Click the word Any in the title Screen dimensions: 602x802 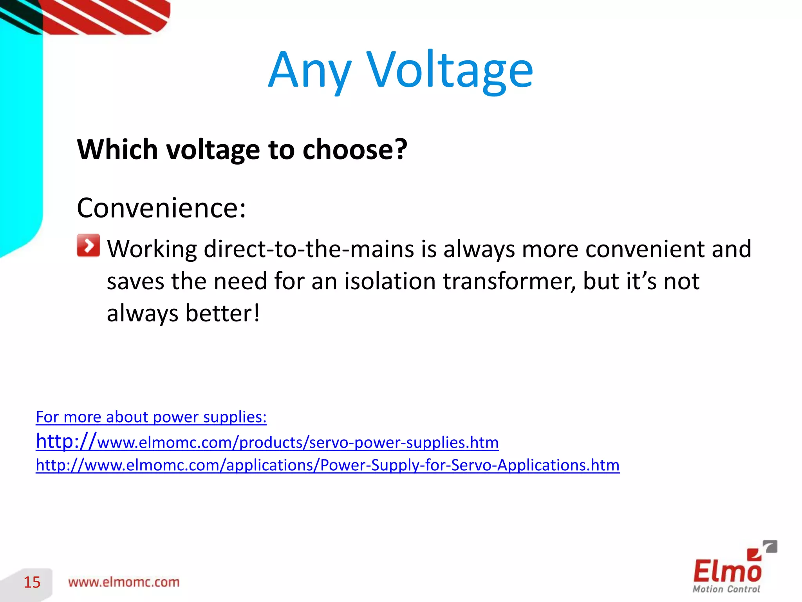click(309, 71)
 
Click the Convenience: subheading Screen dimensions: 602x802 click(161, 208)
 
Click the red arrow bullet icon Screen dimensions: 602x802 click(89, 245)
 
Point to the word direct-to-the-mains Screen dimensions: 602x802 click(309, 249)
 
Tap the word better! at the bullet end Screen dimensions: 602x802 click(222, 314)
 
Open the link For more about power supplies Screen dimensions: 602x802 click(151, 417)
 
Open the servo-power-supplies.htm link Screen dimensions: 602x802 click(267, 442)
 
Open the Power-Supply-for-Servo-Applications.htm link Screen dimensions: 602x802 click(327, 465)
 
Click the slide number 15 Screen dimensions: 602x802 click(32, 582)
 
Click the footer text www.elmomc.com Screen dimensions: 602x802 click(124, 582)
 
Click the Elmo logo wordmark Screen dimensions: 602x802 click(727, 571)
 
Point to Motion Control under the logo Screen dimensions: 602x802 click(726, 589)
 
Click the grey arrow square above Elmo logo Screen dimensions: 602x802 click(770, 546)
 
